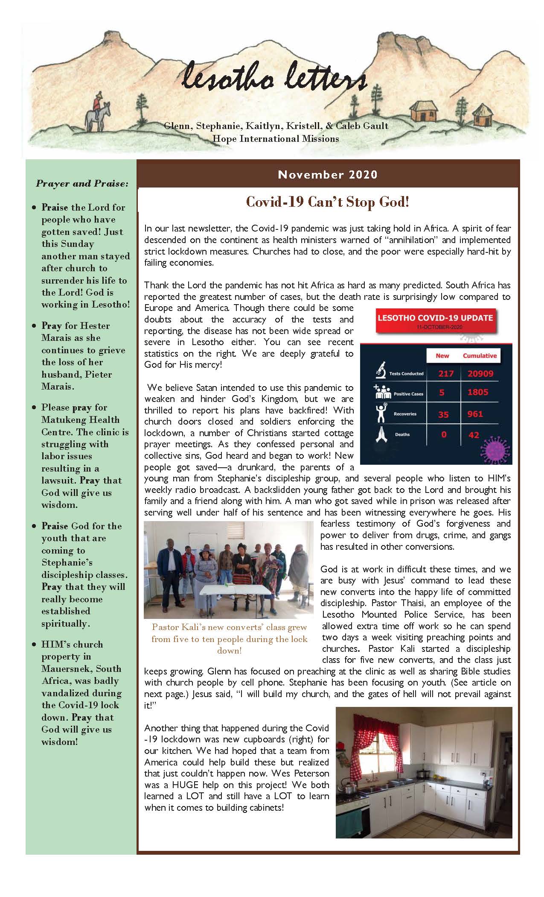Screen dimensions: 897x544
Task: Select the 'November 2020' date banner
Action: click(x=328, y=175)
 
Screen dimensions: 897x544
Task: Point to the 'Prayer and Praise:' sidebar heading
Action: click(x=82, y=184)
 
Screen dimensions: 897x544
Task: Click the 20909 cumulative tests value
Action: click(x=480, y=374)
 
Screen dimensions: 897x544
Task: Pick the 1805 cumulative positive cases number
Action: click(x=477, y=392)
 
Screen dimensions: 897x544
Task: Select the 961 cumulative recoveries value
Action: click(x=475, y=413)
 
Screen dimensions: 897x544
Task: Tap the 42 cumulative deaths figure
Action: click(x=474, y=435)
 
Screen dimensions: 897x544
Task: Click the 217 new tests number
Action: click(x=445, y=374)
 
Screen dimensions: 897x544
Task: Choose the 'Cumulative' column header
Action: click(x=480, y=355)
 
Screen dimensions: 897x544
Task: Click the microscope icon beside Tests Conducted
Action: click(x=380, y=371)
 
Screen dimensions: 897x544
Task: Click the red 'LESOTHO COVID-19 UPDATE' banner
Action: click(x=435, y=320)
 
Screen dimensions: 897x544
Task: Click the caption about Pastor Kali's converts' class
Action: click(x=230, y=639)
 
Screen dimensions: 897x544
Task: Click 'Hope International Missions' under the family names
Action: click(x=276, y=138)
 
